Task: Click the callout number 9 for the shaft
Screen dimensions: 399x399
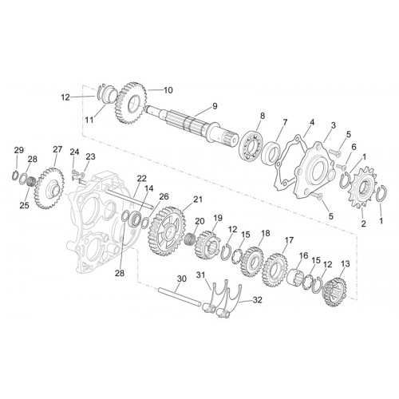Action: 215,106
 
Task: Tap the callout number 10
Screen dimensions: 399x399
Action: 168,90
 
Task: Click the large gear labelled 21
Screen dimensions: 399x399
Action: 166,232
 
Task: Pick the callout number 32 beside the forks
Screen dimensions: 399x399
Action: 257,300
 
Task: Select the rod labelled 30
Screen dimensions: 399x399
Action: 180,297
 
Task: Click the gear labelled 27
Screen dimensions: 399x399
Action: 49,188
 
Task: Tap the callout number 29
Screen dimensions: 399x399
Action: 19,150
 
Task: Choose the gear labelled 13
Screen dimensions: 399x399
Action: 334,292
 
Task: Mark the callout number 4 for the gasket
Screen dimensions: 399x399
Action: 312,123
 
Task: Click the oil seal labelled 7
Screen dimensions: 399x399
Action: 271,152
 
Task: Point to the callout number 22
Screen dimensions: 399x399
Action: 142,179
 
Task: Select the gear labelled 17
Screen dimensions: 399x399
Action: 275,270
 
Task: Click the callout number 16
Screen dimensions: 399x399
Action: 303,256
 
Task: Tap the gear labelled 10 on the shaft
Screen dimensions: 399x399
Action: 130,104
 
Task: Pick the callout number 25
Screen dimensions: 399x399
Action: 24,205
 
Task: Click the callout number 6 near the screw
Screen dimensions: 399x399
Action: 354,147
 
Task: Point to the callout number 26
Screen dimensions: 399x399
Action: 164,196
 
